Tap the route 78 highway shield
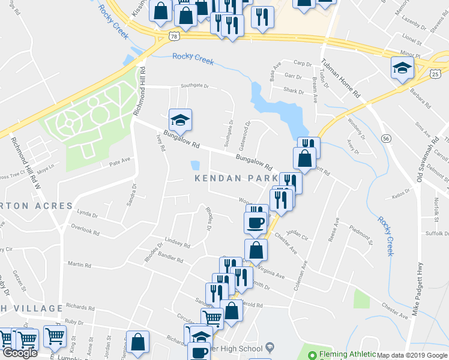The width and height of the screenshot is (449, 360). click(x=174, y=36)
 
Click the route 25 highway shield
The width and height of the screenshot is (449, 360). click(x=435, y=73)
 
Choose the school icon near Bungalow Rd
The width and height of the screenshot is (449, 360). click(x=179, y=119)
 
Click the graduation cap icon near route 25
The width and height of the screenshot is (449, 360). click(x=402, y=67)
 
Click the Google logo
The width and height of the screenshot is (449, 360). click(x=19, y=353)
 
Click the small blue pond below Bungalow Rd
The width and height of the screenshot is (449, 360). click(x=195, y=165)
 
